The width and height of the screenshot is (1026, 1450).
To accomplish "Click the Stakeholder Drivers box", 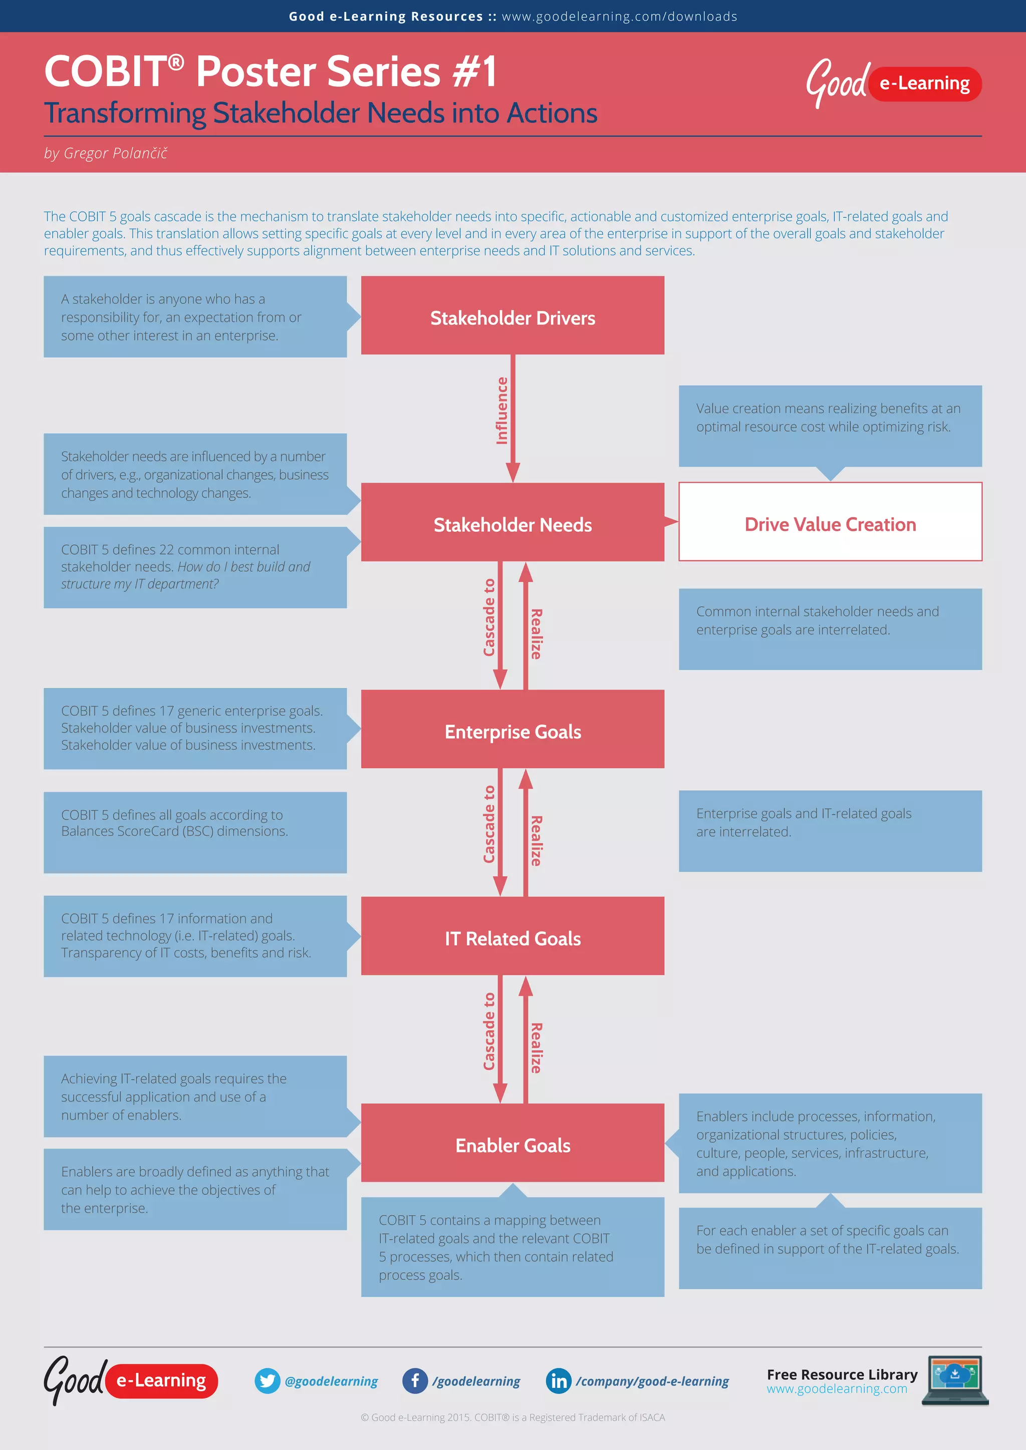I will pos(512,316).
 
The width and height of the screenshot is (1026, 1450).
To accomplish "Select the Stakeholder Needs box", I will pos(512,523).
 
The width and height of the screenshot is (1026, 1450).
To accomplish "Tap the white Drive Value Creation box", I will pos(830,523).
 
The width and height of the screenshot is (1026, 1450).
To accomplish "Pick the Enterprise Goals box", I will pos(512,730).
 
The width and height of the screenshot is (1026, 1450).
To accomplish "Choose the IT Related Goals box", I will pos(512,937).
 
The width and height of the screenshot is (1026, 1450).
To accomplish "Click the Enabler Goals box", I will pos(512,1144).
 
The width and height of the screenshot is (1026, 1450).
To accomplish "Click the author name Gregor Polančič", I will pos(115,153).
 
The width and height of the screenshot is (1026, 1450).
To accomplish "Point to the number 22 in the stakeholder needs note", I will pos(166,549).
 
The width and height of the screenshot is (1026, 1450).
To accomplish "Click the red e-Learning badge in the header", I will pos(925,83).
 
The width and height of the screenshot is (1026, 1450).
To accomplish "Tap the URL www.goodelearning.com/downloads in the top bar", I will pos(619,17).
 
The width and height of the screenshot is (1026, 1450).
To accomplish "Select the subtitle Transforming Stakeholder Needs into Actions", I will pos(320,114).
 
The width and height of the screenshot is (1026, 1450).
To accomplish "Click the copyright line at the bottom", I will pos(512,1417).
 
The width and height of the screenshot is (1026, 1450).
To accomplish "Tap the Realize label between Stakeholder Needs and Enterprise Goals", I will pos(536,633).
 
